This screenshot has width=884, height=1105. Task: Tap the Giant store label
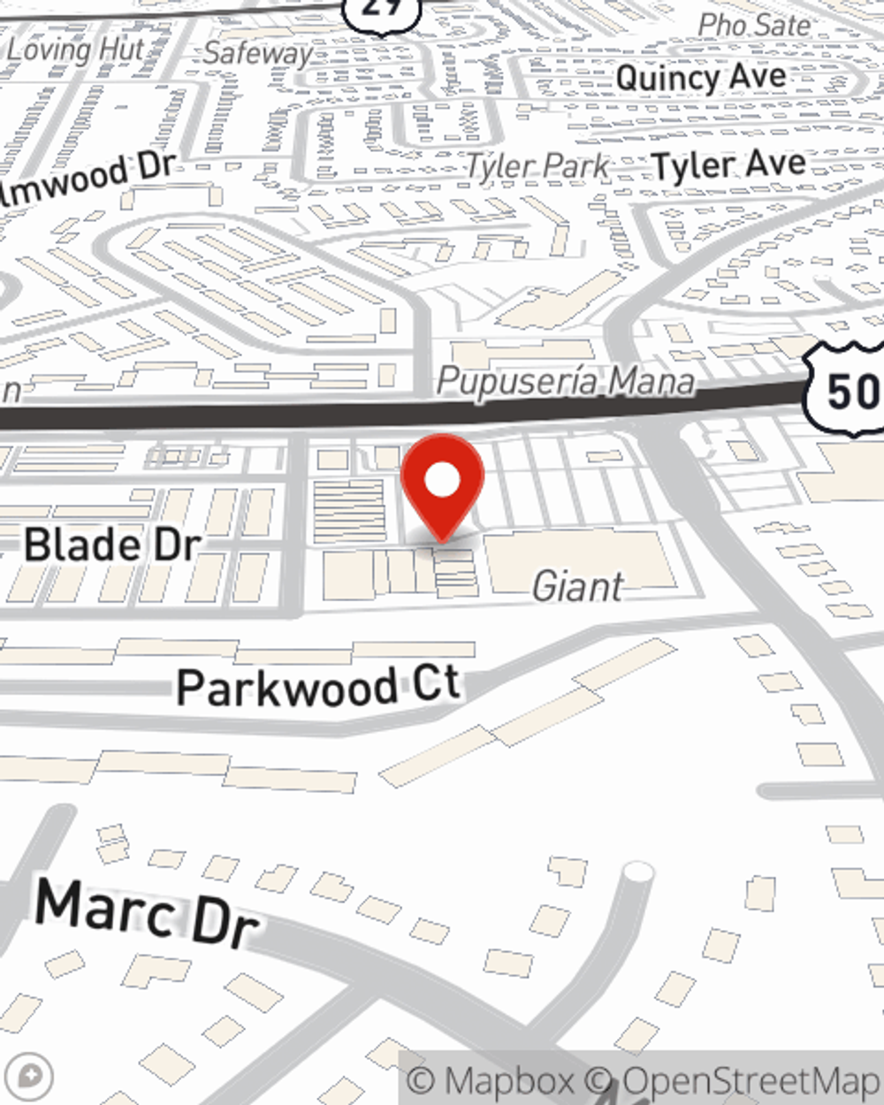(x=578, y=586)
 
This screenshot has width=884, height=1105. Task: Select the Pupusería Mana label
(x=566, y=382)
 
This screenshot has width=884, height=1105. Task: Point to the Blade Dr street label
(x=111, y=545)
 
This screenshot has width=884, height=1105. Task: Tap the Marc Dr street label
(x=147, y=912)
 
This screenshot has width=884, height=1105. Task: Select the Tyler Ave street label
(x=728, y=165)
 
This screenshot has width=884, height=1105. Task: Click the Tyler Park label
(x=537, y=165)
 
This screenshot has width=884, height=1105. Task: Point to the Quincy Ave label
(x=700, y=78)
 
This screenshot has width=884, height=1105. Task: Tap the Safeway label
(x=257, y=53)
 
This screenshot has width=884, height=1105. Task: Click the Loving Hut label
(x=74, y=50)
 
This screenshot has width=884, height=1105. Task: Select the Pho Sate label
(x=753, y=25)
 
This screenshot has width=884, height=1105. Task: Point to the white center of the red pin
(x=442, y=481)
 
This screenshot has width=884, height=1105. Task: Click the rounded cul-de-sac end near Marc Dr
(x=637, y=873)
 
